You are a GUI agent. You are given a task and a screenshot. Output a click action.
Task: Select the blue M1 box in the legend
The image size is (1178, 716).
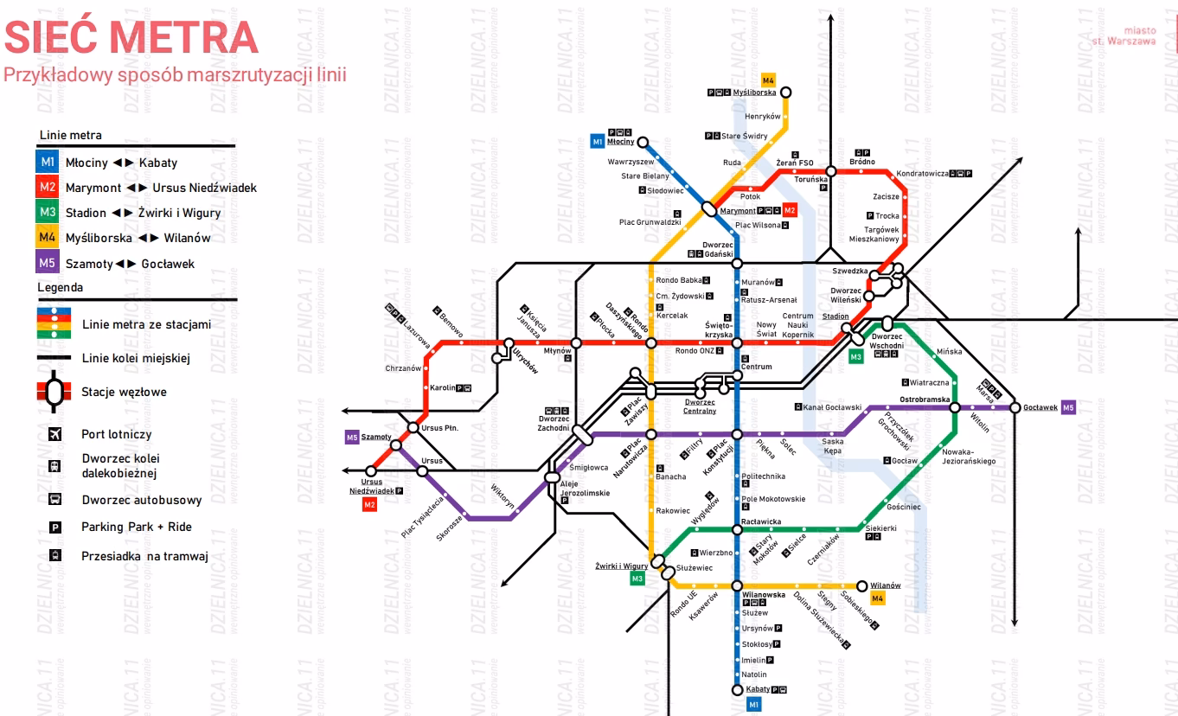pyautogui.click(x=48, y=163)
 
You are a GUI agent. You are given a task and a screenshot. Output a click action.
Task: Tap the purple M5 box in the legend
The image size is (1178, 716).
pyautogui.click(x=48, y=263)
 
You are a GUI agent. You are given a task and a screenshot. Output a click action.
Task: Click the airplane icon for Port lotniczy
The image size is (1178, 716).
pyautogui.click(x=54, y=434)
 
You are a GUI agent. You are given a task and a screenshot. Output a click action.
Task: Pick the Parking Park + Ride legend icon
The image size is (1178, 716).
pyautogui.click(x=54, y=527)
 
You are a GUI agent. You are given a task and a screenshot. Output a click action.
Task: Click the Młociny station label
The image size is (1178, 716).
pyautogui.click(x=620, y=142)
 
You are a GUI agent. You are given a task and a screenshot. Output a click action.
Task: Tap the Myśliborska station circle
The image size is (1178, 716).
pyautogui.click(x=785, y=92)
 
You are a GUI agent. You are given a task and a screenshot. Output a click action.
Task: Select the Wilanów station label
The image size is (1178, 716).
pyautogui.click(x=885, y=585)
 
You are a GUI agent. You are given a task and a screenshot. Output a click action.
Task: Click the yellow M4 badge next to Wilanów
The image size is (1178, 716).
pyautogui.click(x=878, y=598)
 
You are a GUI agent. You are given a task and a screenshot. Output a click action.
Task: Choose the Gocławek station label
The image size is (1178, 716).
pyautogui.click(x=1040, y=407)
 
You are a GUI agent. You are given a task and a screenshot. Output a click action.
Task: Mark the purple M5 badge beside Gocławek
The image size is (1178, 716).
pyautogui.click(x=1069, y=407)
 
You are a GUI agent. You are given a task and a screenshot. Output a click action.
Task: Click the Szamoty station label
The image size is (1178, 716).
pyautogui.click(x=376, y=438)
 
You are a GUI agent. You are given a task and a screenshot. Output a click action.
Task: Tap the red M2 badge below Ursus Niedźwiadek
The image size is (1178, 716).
pyautogui.click(x=369, y=505)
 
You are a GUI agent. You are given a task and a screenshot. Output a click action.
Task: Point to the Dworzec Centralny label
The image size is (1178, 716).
pyautogui.click(x=700, y=406)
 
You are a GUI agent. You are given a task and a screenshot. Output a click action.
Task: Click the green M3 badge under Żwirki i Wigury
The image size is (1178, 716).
pyautogui.click(x=637, y=579)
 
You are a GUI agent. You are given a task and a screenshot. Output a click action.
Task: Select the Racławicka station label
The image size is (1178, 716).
pyautogui.click(x=761, y=521)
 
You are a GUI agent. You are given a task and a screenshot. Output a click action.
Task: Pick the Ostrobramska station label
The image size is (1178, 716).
pyautogui.click(x=925, y=400)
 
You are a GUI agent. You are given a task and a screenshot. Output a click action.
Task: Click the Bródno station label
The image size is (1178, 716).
pyautogui.click(x=861, y=162)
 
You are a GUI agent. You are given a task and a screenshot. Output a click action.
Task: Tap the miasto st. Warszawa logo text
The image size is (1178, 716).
pyautogui.click(x=1124, y=35)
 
